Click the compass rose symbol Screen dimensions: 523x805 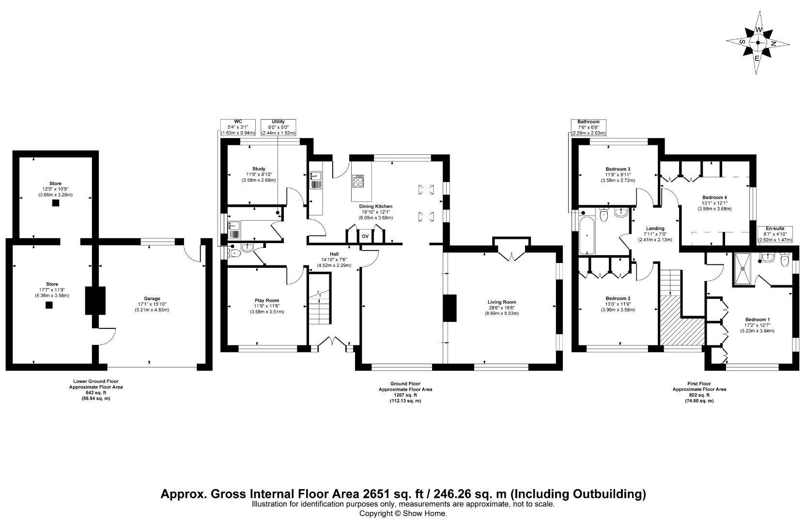(x=758, y=43)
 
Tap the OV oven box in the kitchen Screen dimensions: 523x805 (x=365, y=236)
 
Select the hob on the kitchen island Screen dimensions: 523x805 (x=359, y=182)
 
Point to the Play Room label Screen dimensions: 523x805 (x=267, y=300)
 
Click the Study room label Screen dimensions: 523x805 (x=258, y=169)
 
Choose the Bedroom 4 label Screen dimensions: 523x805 (x=714, y=198)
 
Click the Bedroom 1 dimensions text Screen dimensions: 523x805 (x=757, y=331)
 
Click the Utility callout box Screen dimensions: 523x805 (x=278, y=127)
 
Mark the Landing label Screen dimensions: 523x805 (x=655, y=228)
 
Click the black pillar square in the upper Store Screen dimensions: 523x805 (x=56, y=203)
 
